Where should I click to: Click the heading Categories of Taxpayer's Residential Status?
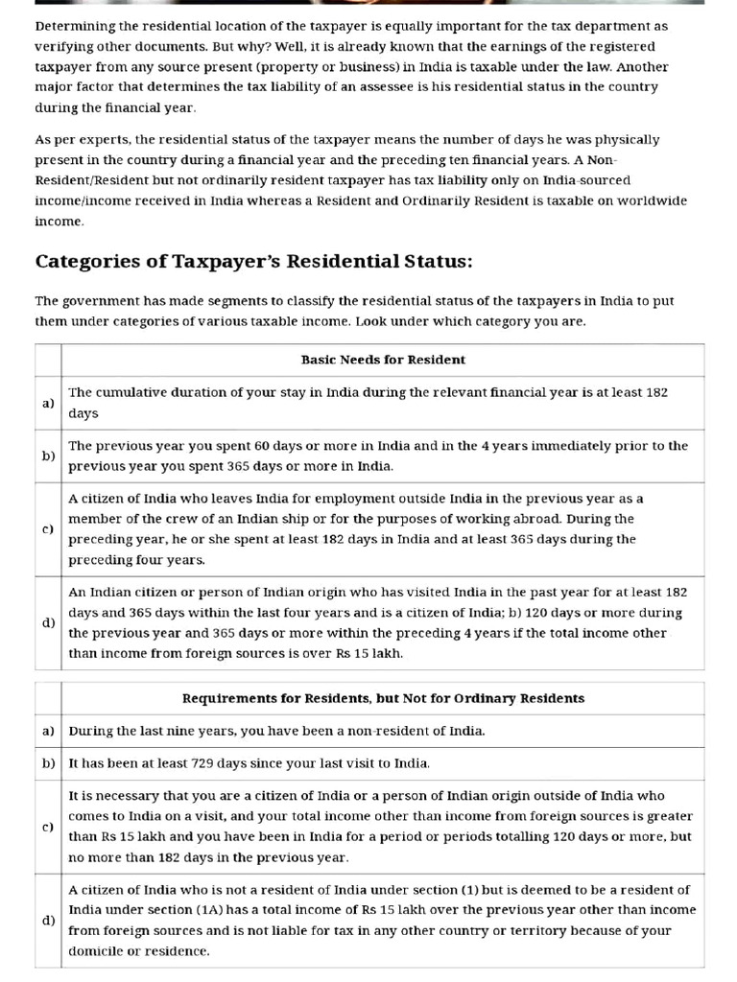click(253, 262)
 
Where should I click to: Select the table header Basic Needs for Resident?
click(383, 360)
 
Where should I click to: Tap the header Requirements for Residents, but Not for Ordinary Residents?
click(383, 698)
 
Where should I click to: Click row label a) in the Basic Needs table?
click(48, 403)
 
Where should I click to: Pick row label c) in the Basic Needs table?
click(48, 528)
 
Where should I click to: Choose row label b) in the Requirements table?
click(48, 763)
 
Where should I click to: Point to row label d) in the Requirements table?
click(48, 920)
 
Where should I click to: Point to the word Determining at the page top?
click(74, 26)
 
